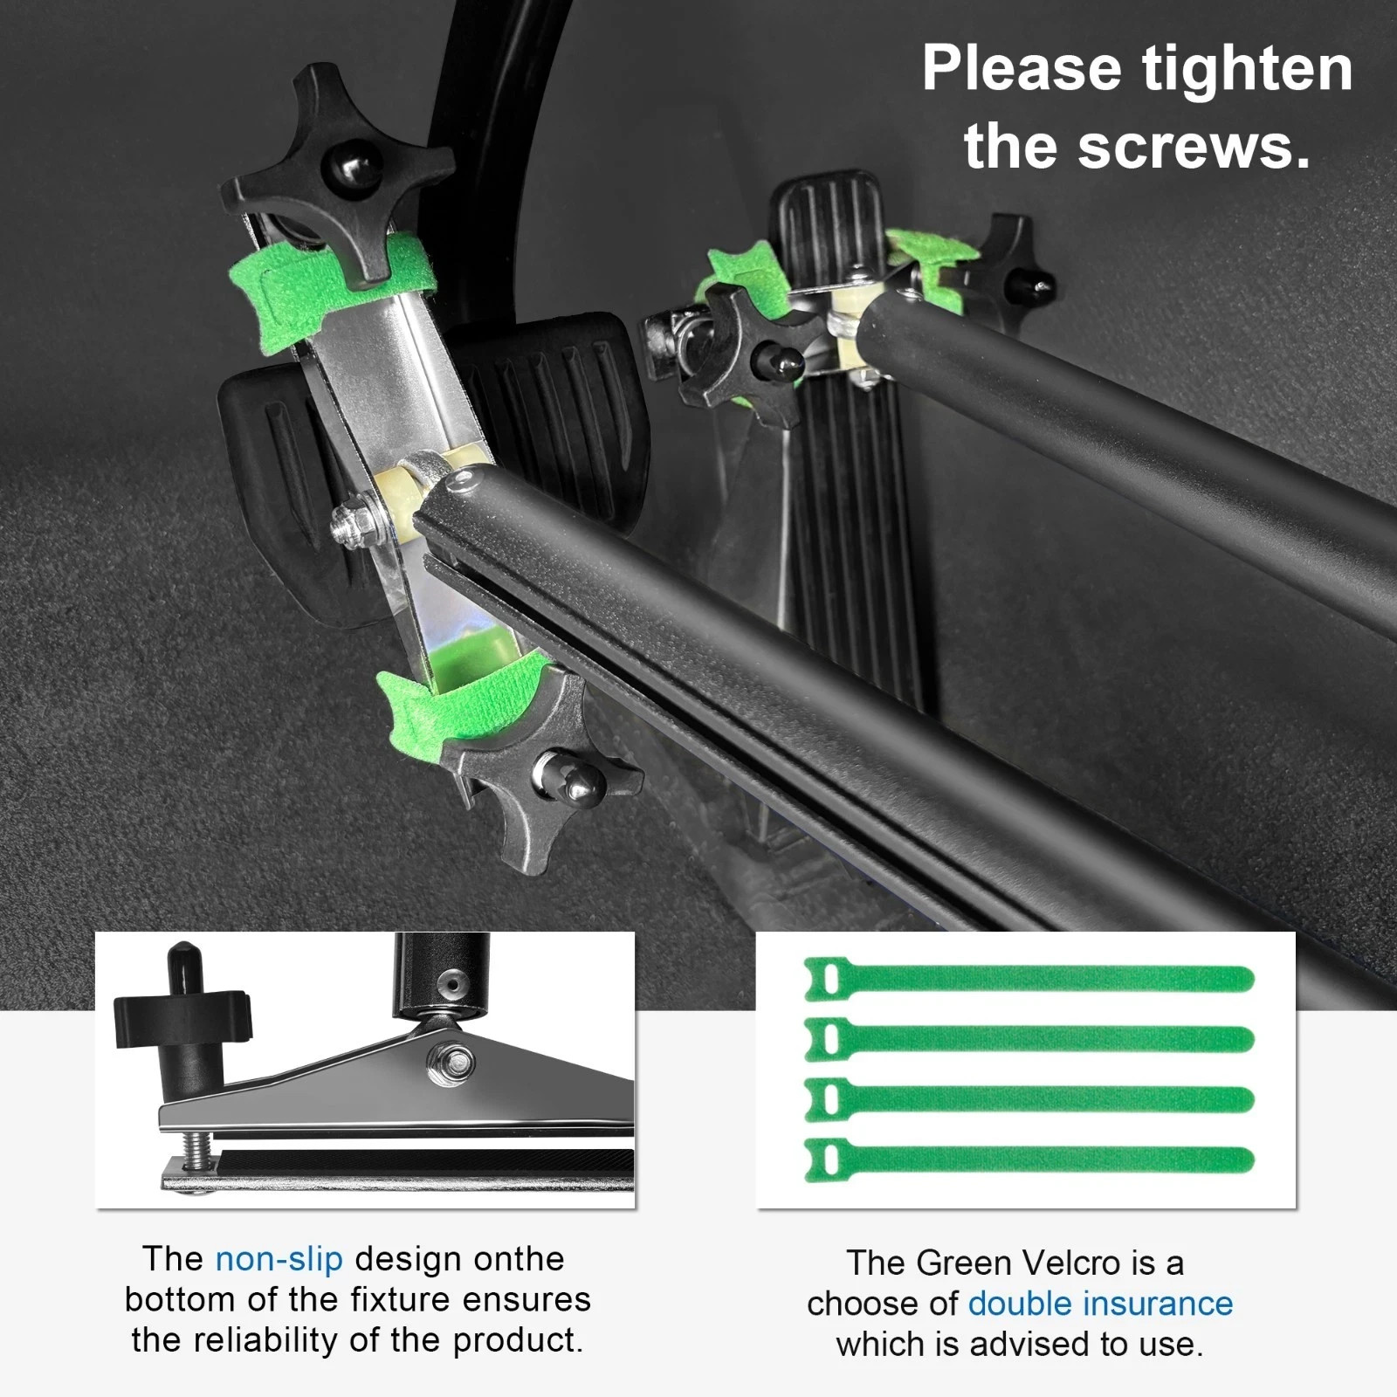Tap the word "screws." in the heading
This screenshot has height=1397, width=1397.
coord(1195,146)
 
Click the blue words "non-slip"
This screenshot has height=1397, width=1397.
coord(279,1259)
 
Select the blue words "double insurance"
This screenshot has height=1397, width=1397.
coord(1100,1304)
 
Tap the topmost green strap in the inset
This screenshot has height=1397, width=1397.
coord(1029,979)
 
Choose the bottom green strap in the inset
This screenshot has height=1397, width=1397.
coord(1029,1160)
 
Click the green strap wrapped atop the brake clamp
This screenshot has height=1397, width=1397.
coord(332,288)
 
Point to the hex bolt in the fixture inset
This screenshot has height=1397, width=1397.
coord(451,1063)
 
